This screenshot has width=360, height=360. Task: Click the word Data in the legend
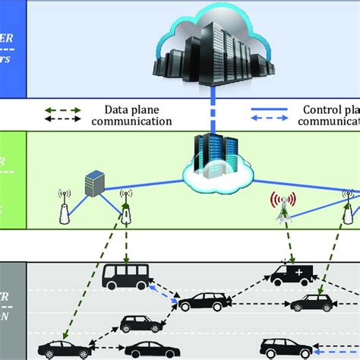coord(121,109)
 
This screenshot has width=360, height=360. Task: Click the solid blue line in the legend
coord(269,109)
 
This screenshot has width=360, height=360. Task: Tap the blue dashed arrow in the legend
coord(269,120)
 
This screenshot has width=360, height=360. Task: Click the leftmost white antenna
coord(64,210)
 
